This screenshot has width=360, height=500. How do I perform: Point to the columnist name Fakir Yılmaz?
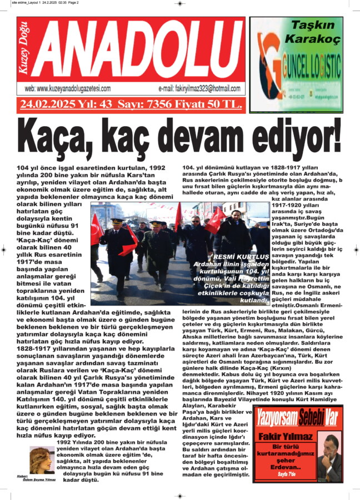pyautogui.click(x=285, y=437)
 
